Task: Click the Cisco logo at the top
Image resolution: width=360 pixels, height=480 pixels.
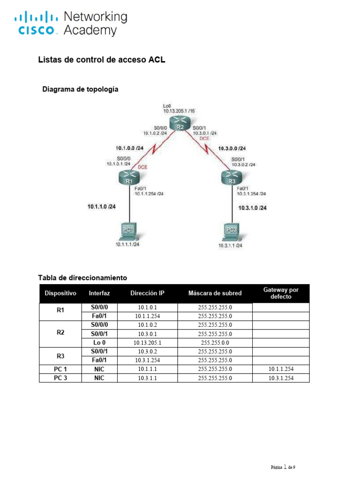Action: [37, 24]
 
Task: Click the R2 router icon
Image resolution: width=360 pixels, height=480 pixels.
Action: [180, 125]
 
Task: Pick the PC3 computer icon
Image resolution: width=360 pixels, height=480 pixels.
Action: [231, 231]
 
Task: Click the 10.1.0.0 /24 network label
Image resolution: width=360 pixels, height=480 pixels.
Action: [129, 148]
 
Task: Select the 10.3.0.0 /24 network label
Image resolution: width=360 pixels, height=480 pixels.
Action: [232, 149]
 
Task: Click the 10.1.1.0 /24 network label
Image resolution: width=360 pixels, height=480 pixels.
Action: [101, 206]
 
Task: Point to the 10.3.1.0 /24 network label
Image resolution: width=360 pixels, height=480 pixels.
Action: [252, 208]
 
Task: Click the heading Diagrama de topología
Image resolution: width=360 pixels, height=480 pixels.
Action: [80, 89]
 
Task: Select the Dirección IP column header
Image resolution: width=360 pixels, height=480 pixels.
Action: [147, 293]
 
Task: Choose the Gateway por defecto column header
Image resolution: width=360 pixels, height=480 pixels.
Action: [281, 293]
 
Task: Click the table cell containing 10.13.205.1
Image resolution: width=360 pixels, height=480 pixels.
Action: [147, 342]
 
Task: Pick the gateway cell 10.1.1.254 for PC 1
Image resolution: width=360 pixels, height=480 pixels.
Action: [281, 369]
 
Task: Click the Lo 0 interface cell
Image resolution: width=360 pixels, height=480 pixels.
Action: [99, 342]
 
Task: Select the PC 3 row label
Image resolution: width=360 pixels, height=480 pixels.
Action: [60, 378]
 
